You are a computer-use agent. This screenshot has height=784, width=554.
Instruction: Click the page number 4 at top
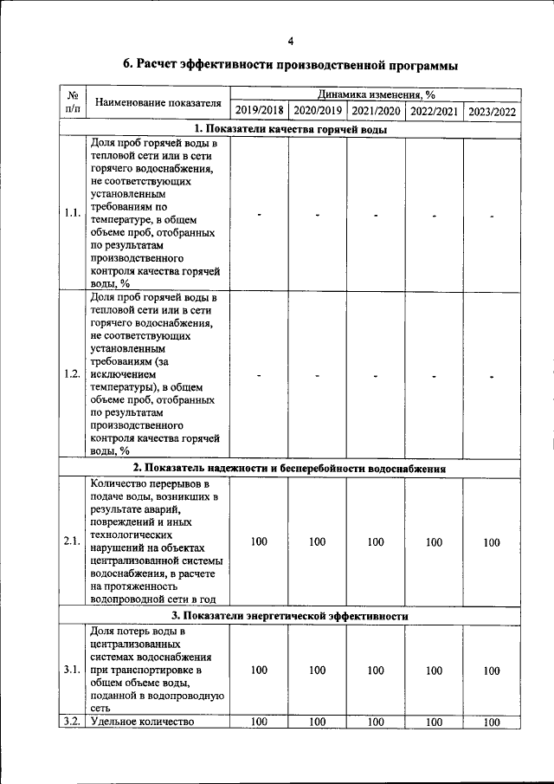tap(291, 41)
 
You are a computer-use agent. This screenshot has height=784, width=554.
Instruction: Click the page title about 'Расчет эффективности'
tap(290, 65)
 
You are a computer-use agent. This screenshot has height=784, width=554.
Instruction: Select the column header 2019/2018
tap(259, 111)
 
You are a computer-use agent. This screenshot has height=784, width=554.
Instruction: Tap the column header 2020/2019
tap(318, 111)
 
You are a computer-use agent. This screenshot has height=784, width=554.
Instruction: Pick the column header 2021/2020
tap(376, 111)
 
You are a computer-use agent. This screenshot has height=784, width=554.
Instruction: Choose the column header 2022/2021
tap(434, 111)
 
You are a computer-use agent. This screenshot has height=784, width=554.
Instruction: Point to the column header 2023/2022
tap(492, 111)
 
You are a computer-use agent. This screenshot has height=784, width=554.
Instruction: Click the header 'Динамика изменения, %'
tap(376, 94)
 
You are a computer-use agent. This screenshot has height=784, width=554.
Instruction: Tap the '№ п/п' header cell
tap(74, 102)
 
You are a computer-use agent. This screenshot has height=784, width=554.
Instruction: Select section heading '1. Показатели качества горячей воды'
tap(290, 129)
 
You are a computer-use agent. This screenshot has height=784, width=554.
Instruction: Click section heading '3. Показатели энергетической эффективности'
tap(290, 616)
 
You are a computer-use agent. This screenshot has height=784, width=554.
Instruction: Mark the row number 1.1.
tap(73, 213)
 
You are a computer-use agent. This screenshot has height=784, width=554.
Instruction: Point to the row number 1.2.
tap(73, 374)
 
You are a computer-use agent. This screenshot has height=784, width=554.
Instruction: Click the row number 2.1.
tap(73, 542)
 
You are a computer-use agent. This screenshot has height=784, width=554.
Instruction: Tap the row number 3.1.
tap(73, 670)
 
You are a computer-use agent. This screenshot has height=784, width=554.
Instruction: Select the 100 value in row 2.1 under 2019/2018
tap(259, 542)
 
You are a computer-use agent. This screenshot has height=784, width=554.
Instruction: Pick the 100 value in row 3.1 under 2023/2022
tap(492, 670)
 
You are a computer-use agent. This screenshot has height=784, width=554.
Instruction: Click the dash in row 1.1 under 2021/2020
tap(376, 214)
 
